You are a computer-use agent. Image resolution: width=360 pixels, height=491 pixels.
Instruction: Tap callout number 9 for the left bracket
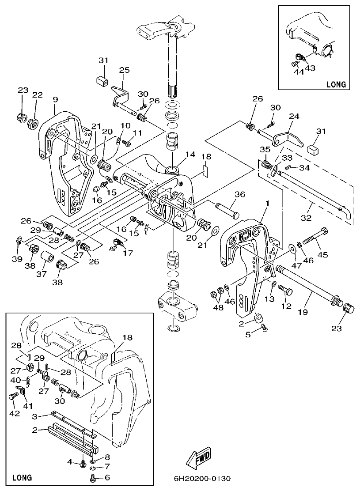(55, 100)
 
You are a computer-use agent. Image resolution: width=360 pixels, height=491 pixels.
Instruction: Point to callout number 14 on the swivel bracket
(190, 155)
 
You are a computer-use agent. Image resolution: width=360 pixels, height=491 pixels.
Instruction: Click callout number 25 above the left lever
(125, 70)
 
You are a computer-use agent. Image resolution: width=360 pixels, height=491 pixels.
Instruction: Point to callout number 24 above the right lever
(293, 117)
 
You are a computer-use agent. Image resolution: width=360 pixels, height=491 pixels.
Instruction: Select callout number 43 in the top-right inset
(311, 68)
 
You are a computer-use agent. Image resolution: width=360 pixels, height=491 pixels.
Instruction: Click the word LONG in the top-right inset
(336, 84)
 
